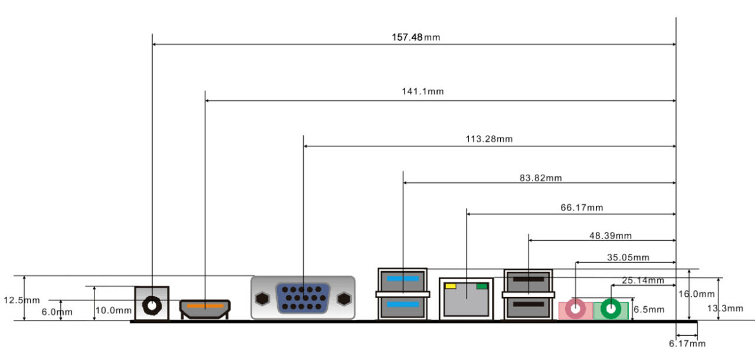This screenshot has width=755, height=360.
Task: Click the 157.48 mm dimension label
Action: (416, 37)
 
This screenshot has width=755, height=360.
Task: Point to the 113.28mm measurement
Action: (489, 139)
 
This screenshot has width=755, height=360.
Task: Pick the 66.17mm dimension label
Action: (582, 208)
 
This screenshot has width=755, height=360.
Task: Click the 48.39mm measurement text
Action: (610, 236)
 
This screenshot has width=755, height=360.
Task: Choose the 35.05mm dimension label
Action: (628, 257)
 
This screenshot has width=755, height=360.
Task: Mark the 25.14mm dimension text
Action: (642, 280)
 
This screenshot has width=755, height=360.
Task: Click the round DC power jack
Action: (152, 306)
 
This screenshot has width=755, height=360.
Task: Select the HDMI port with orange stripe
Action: (205, 307)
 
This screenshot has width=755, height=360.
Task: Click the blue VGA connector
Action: (303, 298)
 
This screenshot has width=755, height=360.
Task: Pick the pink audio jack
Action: (575, 309)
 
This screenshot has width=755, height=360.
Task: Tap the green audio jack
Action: (611, 309)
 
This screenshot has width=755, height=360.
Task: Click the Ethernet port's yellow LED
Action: (451, 286)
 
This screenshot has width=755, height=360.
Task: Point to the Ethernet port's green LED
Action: (482, 286)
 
